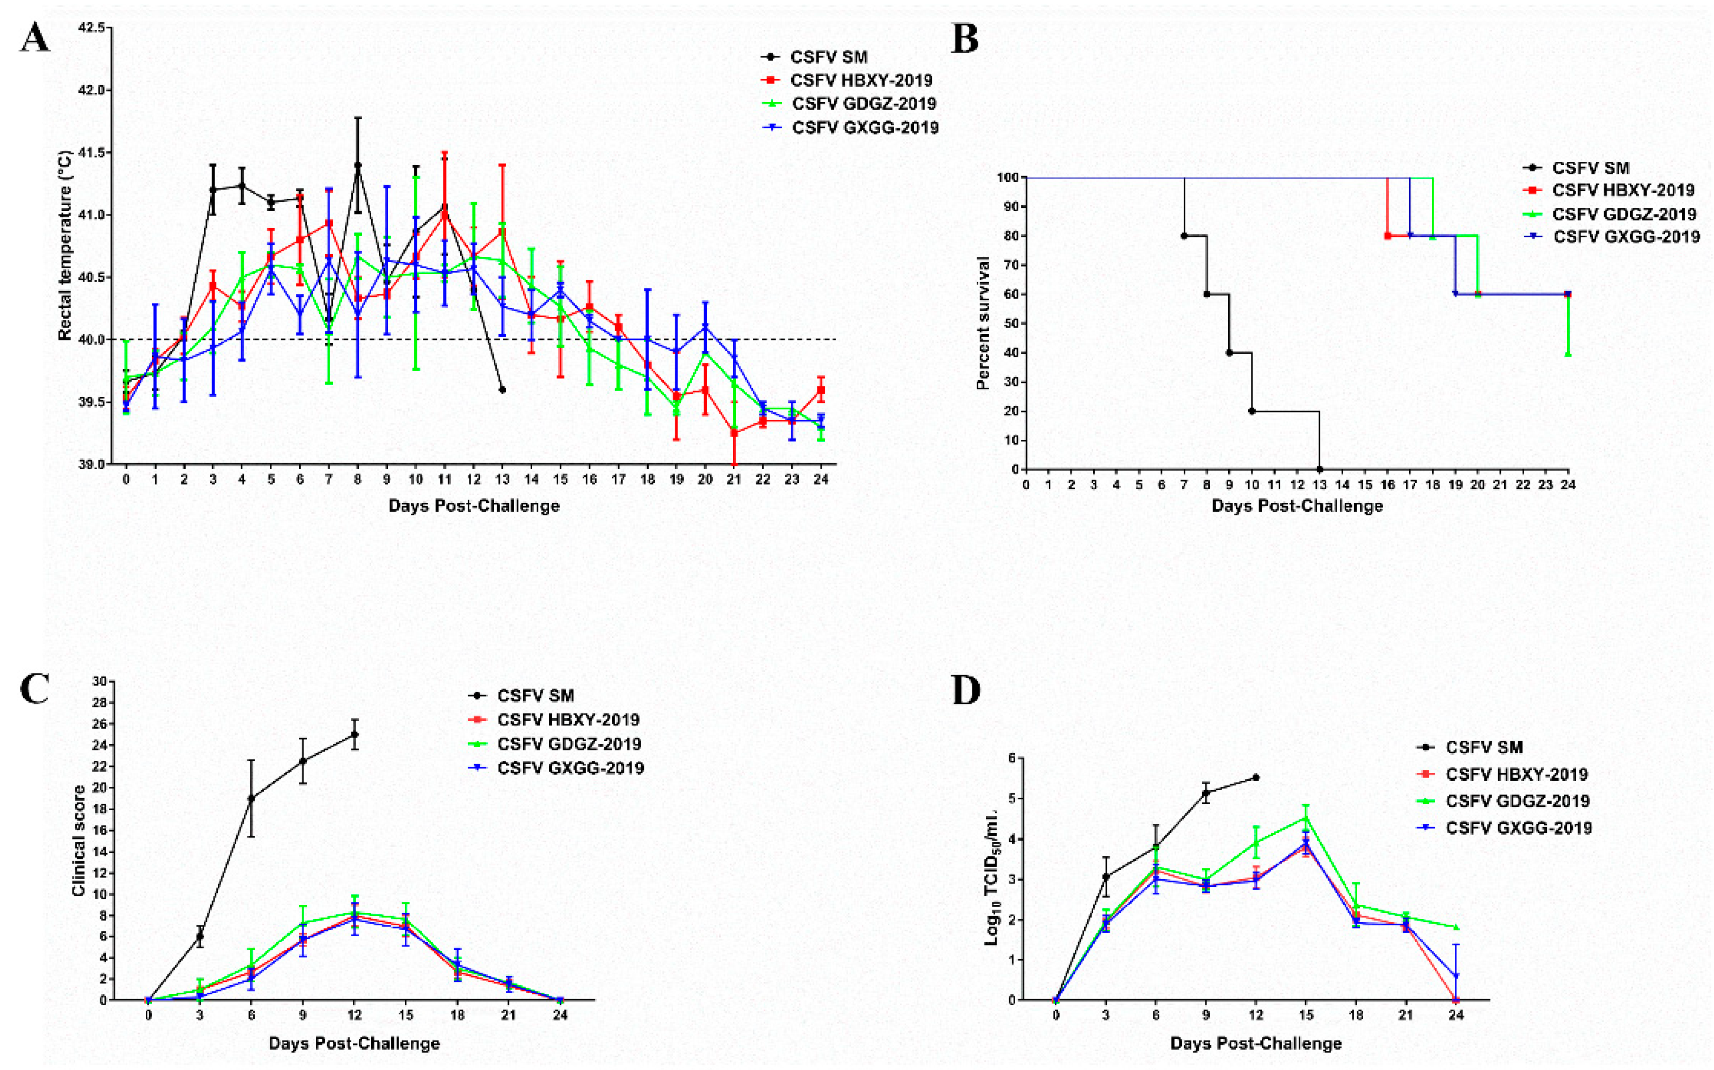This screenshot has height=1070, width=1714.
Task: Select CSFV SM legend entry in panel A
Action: pos(828,57)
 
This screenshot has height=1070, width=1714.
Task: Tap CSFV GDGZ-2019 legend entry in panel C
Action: pos(568,744)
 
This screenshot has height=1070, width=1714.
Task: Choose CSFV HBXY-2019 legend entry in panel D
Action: pos(1516,774)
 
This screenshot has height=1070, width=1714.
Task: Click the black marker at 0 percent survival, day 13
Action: pos(1320,469)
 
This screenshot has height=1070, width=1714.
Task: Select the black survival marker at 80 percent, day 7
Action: pos(1184,236)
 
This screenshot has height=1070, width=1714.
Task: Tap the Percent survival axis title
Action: pos(982,323)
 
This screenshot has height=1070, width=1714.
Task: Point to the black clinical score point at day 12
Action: pos(355,735)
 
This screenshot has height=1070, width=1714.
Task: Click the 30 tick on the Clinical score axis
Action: pos(99,681)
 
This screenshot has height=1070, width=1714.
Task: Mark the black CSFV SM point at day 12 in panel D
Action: pos(1256,777)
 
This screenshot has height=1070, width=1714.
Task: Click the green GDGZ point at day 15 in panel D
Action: pos(1306,817)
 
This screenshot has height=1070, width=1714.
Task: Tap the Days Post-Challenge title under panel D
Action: pos(1255,1043)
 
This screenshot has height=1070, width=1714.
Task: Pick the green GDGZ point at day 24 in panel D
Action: pos(1455,927)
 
